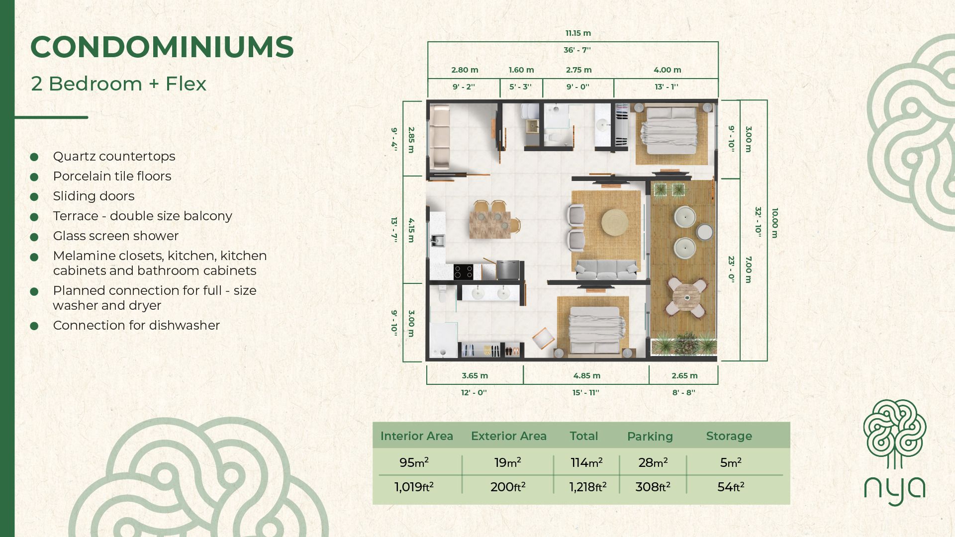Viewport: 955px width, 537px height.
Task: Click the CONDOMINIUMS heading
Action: pos(162,47)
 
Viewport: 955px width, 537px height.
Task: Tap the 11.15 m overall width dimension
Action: pos(578,33)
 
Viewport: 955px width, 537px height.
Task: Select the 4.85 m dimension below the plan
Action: pos(587,376)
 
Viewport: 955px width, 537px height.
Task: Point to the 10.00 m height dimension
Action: pos(774,223)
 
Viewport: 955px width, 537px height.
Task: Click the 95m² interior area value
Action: pos(414,462)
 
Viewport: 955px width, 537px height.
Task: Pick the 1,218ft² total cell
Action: pos(587,487)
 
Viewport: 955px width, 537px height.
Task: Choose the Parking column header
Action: pos(650,437)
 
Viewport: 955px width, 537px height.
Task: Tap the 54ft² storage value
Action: pos(731,487)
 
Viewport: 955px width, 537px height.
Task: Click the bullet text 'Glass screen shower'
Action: pos(116,236)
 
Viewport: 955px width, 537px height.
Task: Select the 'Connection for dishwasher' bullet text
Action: pos(136,325)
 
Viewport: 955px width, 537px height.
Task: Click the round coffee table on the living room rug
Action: pos(615,222)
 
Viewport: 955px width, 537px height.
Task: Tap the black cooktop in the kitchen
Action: pos(463,272)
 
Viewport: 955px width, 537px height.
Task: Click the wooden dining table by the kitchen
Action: pos(490,225)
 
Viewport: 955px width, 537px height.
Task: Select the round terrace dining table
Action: pos(686,297)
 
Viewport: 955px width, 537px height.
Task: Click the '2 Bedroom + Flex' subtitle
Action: pos(118,84)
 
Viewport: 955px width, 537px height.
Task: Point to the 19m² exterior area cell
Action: pos(508,462)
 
